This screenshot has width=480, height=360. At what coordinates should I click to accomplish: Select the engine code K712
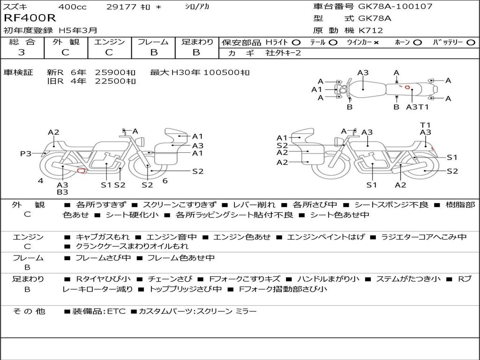click(x=371, y=30)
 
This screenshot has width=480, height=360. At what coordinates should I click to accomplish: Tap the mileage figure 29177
click(x=121, y=7)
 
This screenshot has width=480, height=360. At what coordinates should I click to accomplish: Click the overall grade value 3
click(x=22, y=52)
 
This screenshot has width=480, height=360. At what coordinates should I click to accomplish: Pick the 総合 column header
click(x=22, y=42)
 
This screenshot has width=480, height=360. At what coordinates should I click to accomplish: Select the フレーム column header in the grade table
click(x=153, y=42)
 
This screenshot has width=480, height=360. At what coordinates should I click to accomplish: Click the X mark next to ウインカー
click(x=376, y=42)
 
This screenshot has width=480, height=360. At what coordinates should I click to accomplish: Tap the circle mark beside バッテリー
click(x=471, y=42)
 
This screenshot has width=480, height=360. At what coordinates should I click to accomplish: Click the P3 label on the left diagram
click(x=26, y=153)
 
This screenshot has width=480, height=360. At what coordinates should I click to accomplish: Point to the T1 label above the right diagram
click(x=425, y=125)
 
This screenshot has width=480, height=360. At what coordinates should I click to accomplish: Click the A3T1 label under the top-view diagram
click(x=418, y=107)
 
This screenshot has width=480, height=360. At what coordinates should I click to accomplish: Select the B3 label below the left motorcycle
click(x=62, y=192)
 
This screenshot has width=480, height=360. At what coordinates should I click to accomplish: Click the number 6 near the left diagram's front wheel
click(x=165, y=180)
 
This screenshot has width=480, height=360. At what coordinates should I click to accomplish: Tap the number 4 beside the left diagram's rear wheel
click(x=41, y=180)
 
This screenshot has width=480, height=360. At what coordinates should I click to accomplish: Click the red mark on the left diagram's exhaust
click(x=81, y=171)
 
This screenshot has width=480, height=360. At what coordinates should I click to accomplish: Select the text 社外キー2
click(x=283, y=53)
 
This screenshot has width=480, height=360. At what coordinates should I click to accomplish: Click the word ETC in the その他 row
click(x=116, y=311)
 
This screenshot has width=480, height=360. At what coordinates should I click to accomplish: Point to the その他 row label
click(x=29, y=311)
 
